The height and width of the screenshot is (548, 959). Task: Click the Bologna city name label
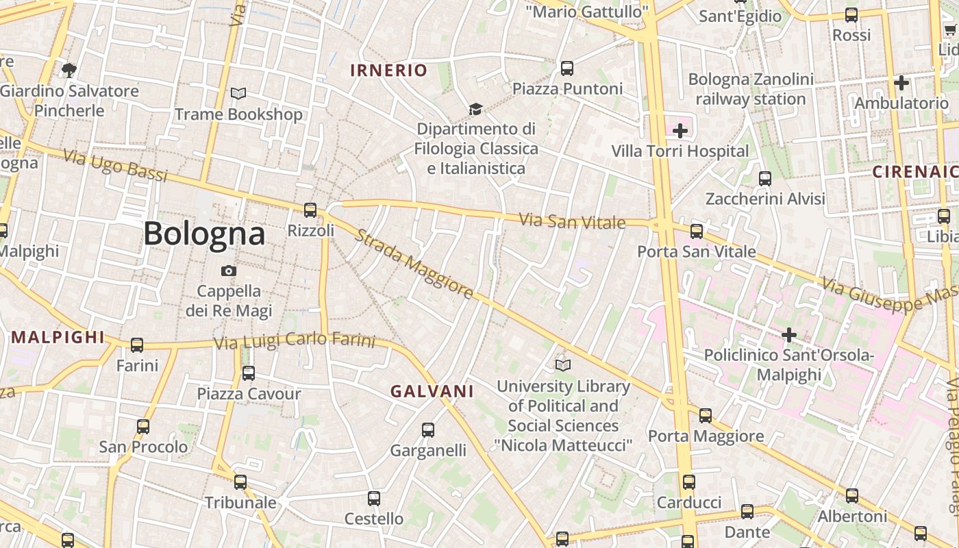(x=204, y=234)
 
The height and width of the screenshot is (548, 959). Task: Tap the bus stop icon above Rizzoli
(x=310, y=210)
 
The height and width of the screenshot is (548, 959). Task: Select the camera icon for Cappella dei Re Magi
(x=229, y=271)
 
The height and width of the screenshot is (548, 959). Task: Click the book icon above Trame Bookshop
(x=238, y=93)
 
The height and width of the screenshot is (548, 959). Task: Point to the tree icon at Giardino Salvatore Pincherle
(x=68, y=69)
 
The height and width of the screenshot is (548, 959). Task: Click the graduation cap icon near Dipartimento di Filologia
(x=475, y=109)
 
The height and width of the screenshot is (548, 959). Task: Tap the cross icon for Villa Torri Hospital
(x=680, y=130)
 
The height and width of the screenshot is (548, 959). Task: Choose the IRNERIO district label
(x=388, y=70)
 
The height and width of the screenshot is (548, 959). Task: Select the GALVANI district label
(x=432, y=391)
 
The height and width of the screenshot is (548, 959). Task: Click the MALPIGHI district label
(x=58, y=337)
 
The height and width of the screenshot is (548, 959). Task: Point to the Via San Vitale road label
(x=572, y=221)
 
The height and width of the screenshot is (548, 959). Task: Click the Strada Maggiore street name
(x=413, y=264)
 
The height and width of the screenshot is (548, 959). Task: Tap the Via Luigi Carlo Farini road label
(x=295, y=340)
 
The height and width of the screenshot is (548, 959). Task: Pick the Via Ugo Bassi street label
(x=115, y=165)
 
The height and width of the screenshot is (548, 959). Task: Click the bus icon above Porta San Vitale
(x=697, y=231)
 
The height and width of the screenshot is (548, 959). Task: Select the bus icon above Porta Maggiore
(x=706, y=415)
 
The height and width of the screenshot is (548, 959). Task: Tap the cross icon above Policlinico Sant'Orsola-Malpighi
(x=789, y=335)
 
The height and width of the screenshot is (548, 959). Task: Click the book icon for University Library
(x=563, y=366)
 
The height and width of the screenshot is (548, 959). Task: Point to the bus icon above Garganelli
(x=428, y=430)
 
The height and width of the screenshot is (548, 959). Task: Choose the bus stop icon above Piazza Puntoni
(x=567, y=68)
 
